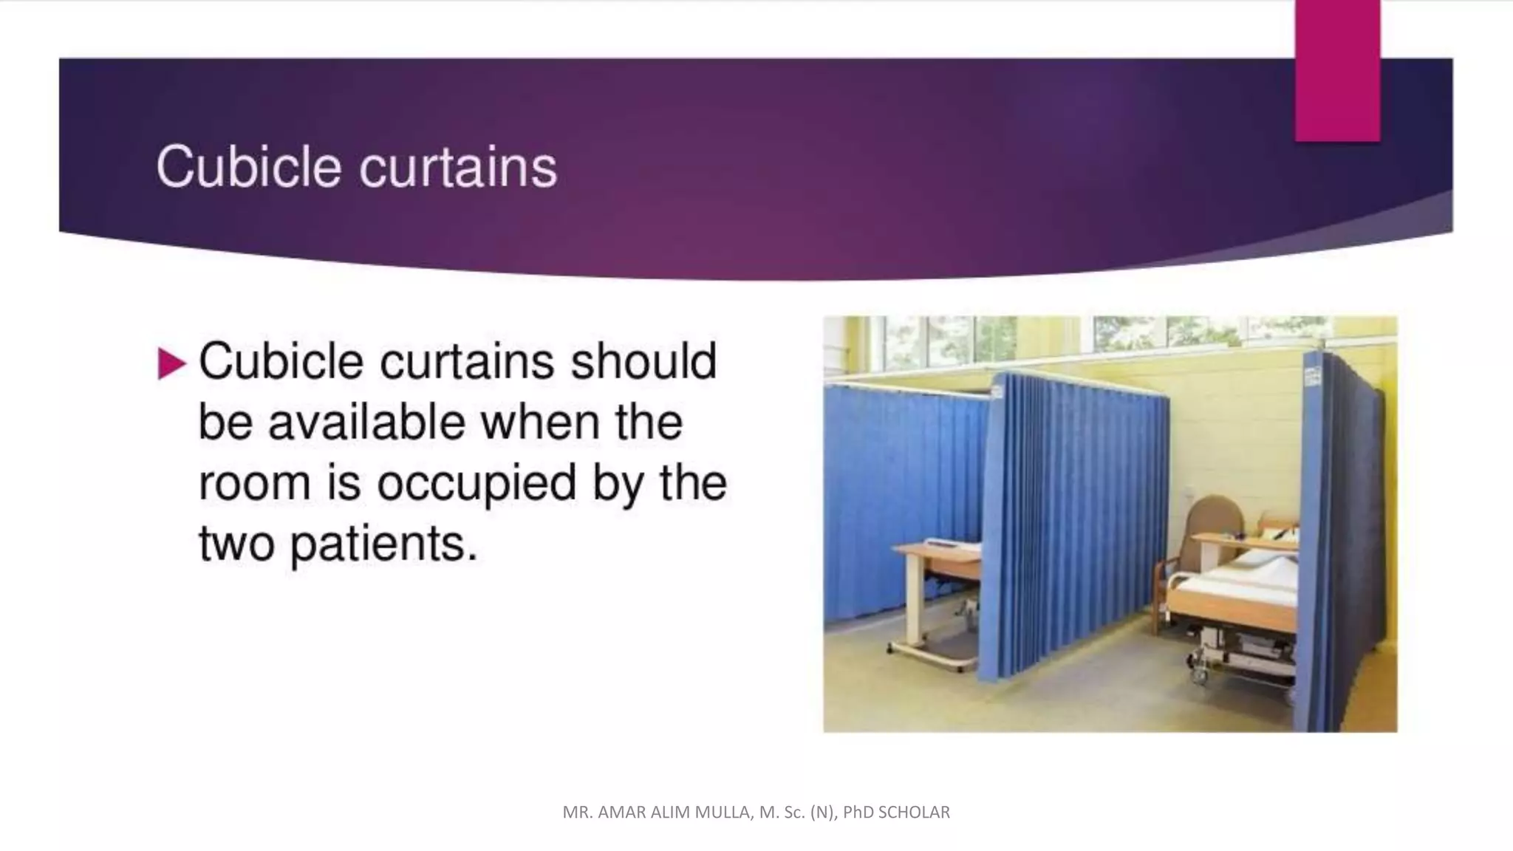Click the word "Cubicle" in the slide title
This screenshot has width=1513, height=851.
tap(248, 167)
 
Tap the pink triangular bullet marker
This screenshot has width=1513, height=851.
tap(171, 363)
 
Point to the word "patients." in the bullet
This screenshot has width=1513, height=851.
tap(383, 545)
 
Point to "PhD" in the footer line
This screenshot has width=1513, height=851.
tap(858, 813)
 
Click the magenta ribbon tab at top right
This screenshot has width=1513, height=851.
tap(1337, 71)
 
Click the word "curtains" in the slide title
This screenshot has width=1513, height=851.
tap(458, 167)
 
